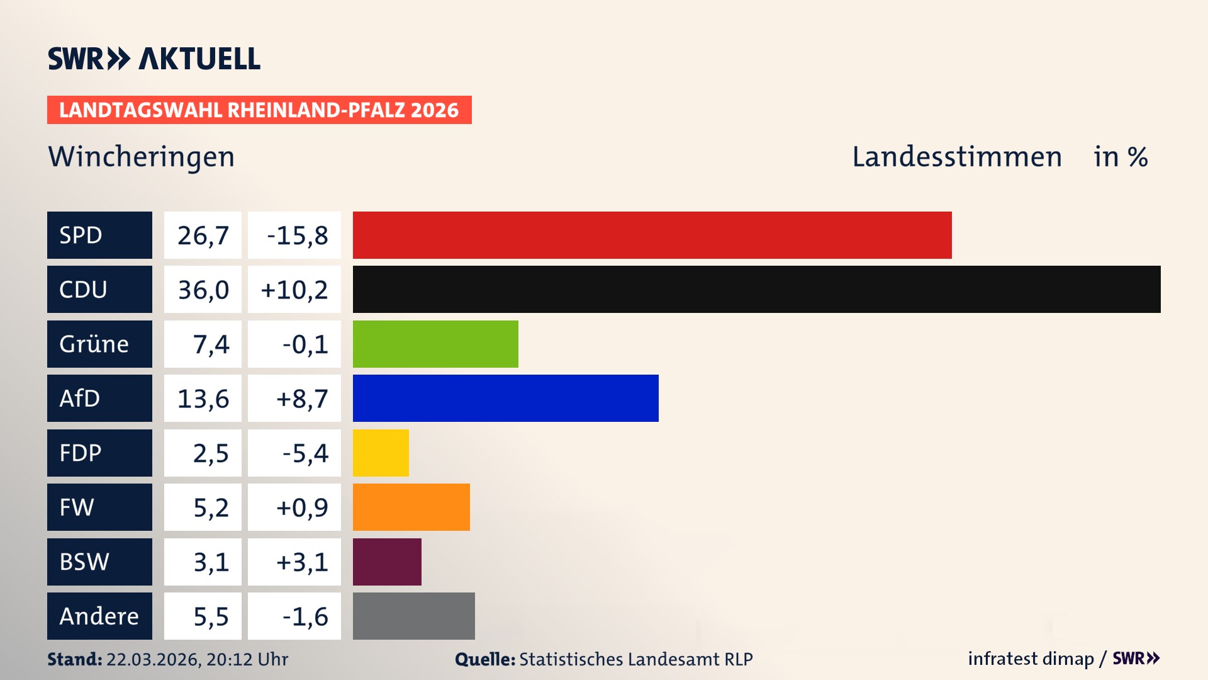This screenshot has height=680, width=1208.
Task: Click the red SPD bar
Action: [x=652, y=235]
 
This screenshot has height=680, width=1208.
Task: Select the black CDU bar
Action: [x=756, y=289]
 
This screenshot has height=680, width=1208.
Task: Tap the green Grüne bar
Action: [x=435, y=344]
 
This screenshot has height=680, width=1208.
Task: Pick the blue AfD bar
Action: [x=505, y=398]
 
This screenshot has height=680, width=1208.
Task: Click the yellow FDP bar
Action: [x=381, y=453]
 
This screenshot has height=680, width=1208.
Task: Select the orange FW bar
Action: [x=411, y=507]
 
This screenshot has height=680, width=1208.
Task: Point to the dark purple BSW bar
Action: [x=387, y=562]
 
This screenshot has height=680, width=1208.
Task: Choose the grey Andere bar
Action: [x=413, y=616]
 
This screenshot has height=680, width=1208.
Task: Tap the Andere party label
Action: [x=99, y=616]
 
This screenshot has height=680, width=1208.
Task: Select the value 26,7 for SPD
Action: [x=203, y=235]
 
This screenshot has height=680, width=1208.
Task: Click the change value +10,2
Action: [x=294, y=289]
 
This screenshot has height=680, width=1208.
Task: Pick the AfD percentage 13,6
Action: [x=203, y=398]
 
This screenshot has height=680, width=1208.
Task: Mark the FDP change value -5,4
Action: [x=305, y=453]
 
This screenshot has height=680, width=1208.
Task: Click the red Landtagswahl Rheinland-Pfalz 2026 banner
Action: [x=259, y=110]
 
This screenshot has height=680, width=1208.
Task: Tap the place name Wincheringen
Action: [x=142, y=157]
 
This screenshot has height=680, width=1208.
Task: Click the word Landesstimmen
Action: [x=956, y=157]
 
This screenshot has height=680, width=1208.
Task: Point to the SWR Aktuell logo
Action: [x=154, y=59]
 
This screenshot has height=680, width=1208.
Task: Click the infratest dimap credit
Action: [x=1031, y=659]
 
